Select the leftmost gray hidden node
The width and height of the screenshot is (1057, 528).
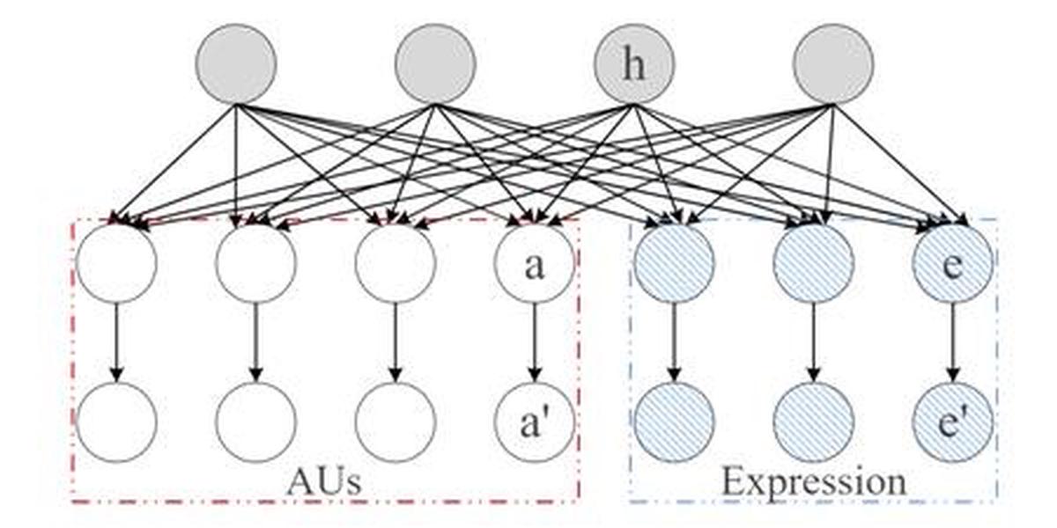[236, 64]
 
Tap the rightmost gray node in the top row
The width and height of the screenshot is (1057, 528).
[833, 64]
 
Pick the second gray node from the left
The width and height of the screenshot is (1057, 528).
[435, 64]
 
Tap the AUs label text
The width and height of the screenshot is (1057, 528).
[324, 482]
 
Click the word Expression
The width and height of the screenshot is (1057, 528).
[813, 482]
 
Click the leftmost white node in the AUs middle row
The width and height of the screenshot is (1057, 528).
[116, 264]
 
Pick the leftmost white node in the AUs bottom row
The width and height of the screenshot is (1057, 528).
[116, 422]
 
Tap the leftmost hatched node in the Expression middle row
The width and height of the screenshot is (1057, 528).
[674, 264]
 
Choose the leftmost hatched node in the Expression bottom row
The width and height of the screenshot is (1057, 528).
[674, 422]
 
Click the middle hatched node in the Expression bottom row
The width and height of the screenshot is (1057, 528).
[813, 422]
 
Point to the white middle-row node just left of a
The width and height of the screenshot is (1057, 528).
[395, 264]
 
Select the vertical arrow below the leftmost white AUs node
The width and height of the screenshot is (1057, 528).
[116, 343]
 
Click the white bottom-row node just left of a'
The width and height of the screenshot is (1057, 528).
[395, 422]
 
